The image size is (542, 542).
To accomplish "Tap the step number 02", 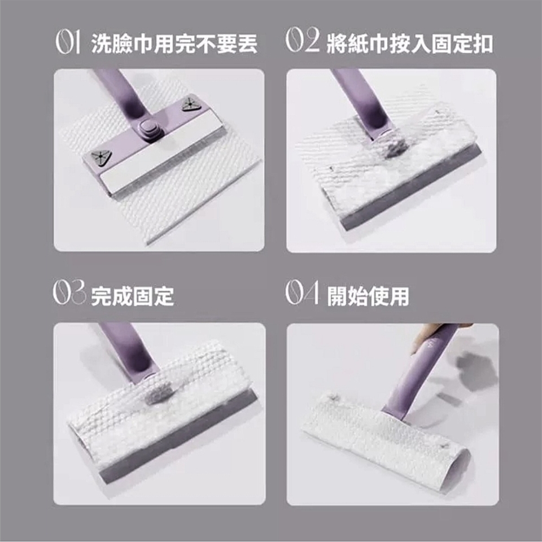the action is click(303, 41).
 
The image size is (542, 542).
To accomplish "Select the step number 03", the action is click(69, 293).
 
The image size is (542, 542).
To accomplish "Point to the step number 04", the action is click(301, 293).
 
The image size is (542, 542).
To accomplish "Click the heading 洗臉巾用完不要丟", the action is click(174, 44).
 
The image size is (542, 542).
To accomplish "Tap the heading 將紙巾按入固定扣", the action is click(410, 43).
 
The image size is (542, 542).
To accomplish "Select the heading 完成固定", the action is click(132, 296).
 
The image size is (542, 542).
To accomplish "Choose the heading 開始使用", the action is click(368, 296).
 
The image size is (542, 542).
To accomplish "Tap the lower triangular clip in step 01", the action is click(100, 158).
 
